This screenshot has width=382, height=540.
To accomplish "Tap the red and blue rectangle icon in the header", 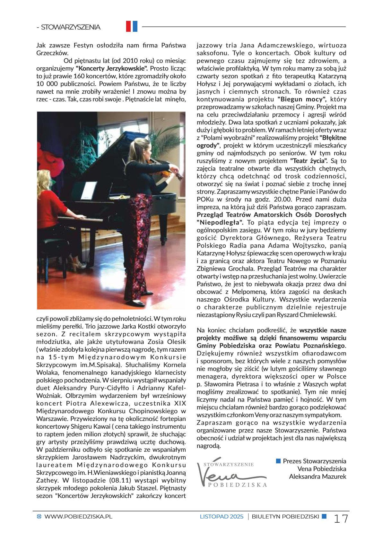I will [x=132, y=26].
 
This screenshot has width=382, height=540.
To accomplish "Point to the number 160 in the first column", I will [x=79, y=76].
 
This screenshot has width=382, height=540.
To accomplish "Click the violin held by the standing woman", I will [x=165, y=174].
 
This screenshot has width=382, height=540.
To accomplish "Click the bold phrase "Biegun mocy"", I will [x=302, y=99].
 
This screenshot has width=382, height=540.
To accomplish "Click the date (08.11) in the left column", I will [x=120, y=480].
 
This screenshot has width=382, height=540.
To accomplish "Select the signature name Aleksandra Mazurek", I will [x=317, y=476].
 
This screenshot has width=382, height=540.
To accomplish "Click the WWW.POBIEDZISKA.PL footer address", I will [x=78, y=517].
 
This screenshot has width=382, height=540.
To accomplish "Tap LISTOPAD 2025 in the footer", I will [x=221, y=517].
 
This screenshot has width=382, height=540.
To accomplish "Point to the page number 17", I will [x=341, y=519].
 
